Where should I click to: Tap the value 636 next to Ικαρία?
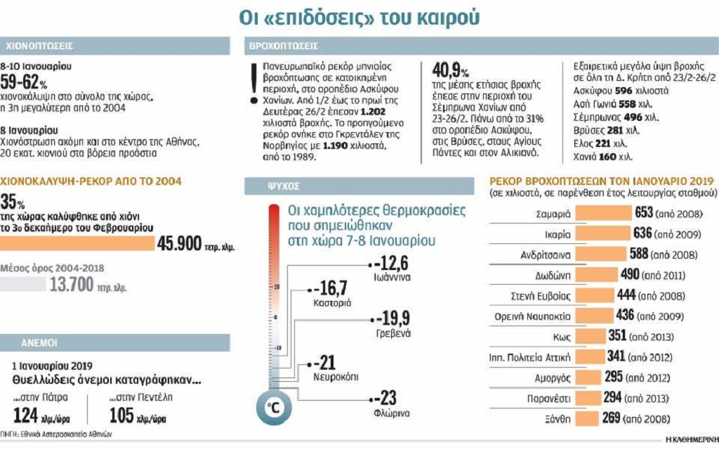[643, 233]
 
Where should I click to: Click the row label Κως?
[560, 336]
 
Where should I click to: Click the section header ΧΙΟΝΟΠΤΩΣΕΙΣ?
[39, 46]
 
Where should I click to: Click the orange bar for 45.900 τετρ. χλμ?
[77, 244]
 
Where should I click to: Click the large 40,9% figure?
[450, 71]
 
